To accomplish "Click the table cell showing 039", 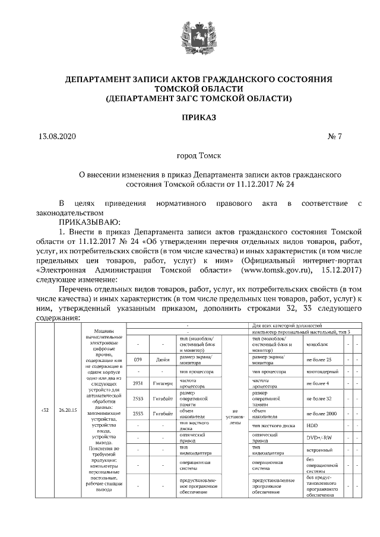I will pos(138,360).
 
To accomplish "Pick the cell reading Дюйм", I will pos(162,360).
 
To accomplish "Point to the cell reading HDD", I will pos(312,425).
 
